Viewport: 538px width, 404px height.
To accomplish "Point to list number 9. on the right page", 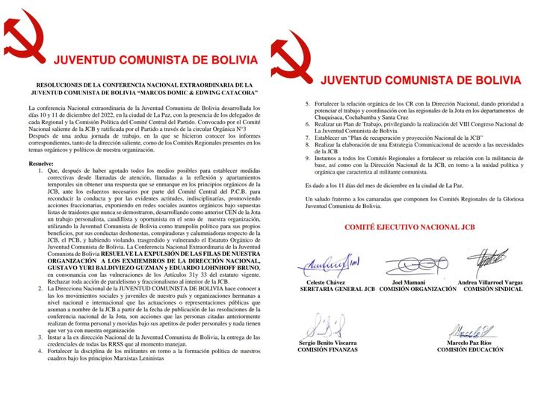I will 308,159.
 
